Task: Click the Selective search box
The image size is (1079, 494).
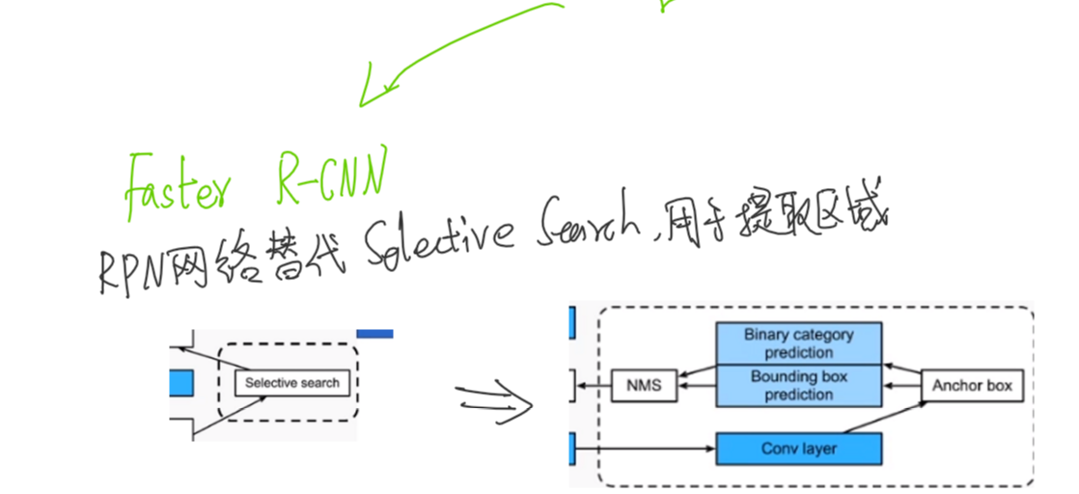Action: [x=291, y=383]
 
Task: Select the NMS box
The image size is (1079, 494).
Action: [x=643, y=386]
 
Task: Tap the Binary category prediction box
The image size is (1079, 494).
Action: [x=798, y=343]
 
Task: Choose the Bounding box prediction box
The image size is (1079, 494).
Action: [x=798, y=386]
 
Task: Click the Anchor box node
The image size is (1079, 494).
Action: [x=972, y=386]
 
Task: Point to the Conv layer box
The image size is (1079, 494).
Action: [x=798, y=449]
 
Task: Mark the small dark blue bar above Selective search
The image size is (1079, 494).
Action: [x=374, y=334]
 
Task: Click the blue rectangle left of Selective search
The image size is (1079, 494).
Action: [x=180, y=383]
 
